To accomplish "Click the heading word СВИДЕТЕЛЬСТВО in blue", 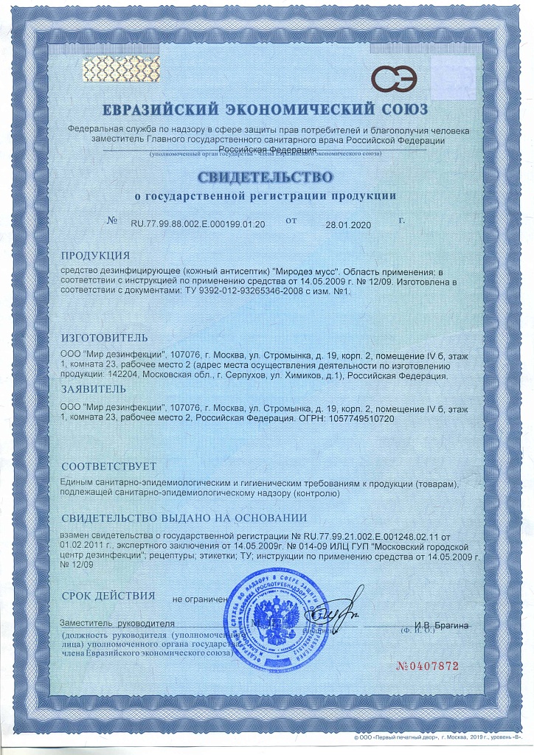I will (266, 178).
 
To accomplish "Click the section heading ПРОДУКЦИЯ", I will (95, 256).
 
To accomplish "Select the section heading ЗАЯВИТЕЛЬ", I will (94, 389).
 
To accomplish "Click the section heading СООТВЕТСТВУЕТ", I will (109, 466).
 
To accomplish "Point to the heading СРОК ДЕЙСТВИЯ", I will (108, 596).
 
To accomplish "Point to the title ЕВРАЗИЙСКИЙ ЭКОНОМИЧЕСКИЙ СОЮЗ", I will (266, 111).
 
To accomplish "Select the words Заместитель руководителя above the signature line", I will (118, 624).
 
